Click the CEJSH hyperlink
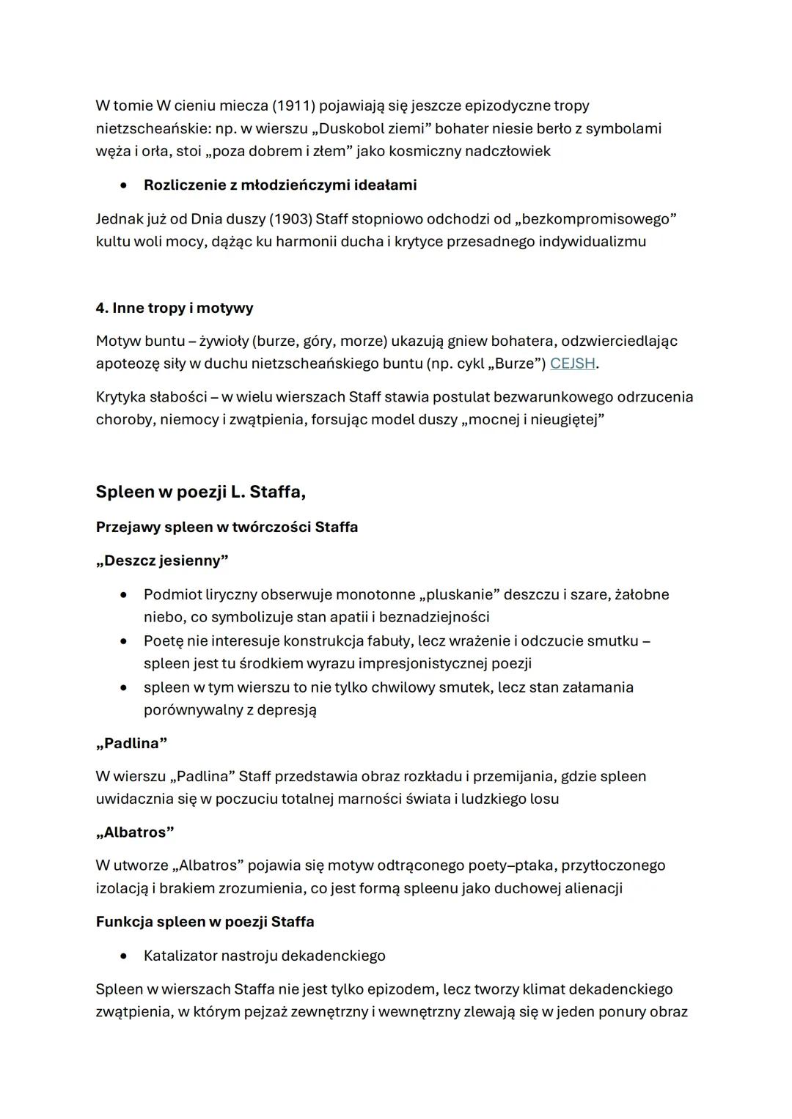572,363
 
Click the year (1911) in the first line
293,106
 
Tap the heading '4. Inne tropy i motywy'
175,308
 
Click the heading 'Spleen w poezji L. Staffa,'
200,492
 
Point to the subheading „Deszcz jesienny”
162,561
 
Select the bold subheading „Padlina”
131,743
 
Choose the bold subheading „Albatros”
135,832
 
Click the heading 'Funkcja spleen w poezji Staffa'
205,922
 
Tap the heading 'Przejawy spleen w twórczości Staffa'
227,527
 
